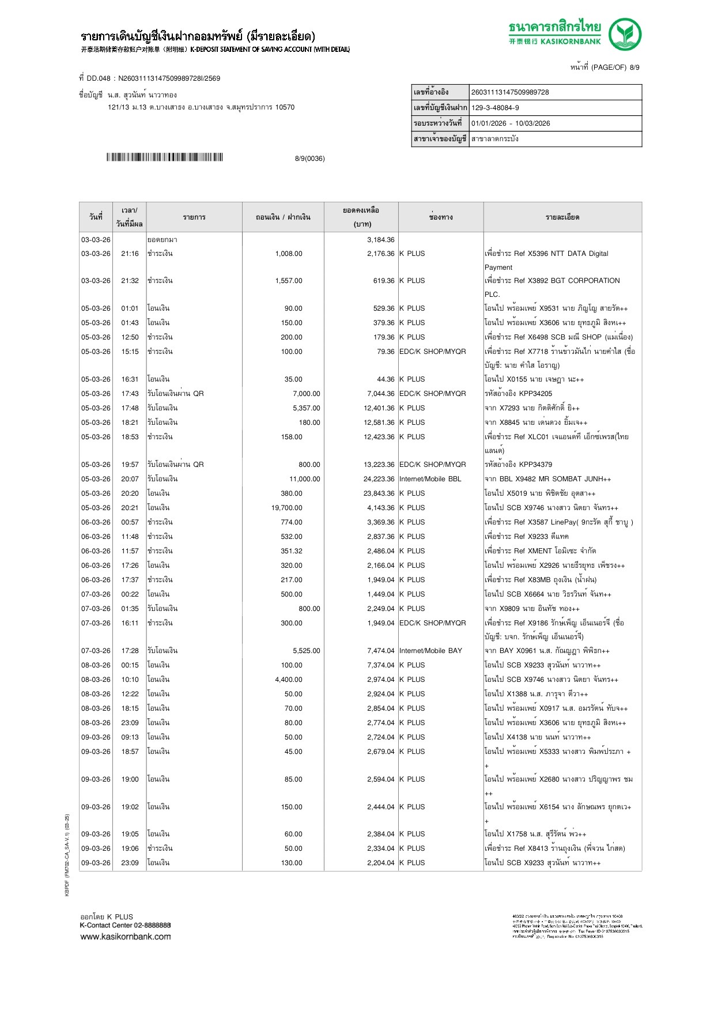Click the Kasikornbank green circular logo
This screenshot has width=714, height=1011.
pyautogui.click(x=625, y=35)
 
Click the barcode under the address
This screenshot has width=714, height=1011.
pyautogui.click(x=164, y=157)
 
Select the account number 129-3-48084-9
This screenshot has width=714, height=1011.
pyautogui.click(x=495, y=108)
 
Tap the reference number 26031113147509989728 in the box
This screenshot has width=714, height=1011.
pyautogui.click(x=510, y=92)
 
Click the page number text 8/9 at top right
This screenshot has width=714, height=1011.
pyautogui.click(x=634, y=67)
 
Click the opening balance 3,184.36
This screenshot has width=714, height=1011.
pyautogui.click(x=380, y=240)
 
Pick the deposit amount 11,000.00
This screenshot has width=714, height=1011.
pyautogui.click(x=304, y=479)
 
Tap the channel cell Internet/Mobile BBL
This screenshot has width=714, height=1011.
pyautogui.click(x=430, y=479)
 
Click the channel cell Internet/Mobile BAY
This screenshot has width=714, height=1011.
pyautogui.click(x=430, y=651)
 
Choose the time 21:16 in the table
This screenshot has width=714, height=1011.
pyautogui.click(x=130, y=254)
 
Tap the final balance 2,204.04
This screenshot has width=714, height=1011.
pyautogui.click(x=380, y=863)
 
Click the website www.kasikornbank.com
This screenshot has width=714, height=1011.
pyautogui.click(x=126, y=937)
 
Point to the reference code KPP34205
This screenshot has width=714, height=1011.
pyautogui.click(x=535, y=394)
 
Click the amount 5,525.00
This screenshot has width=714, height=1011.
pyautogui.click(x=306, y=651)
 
